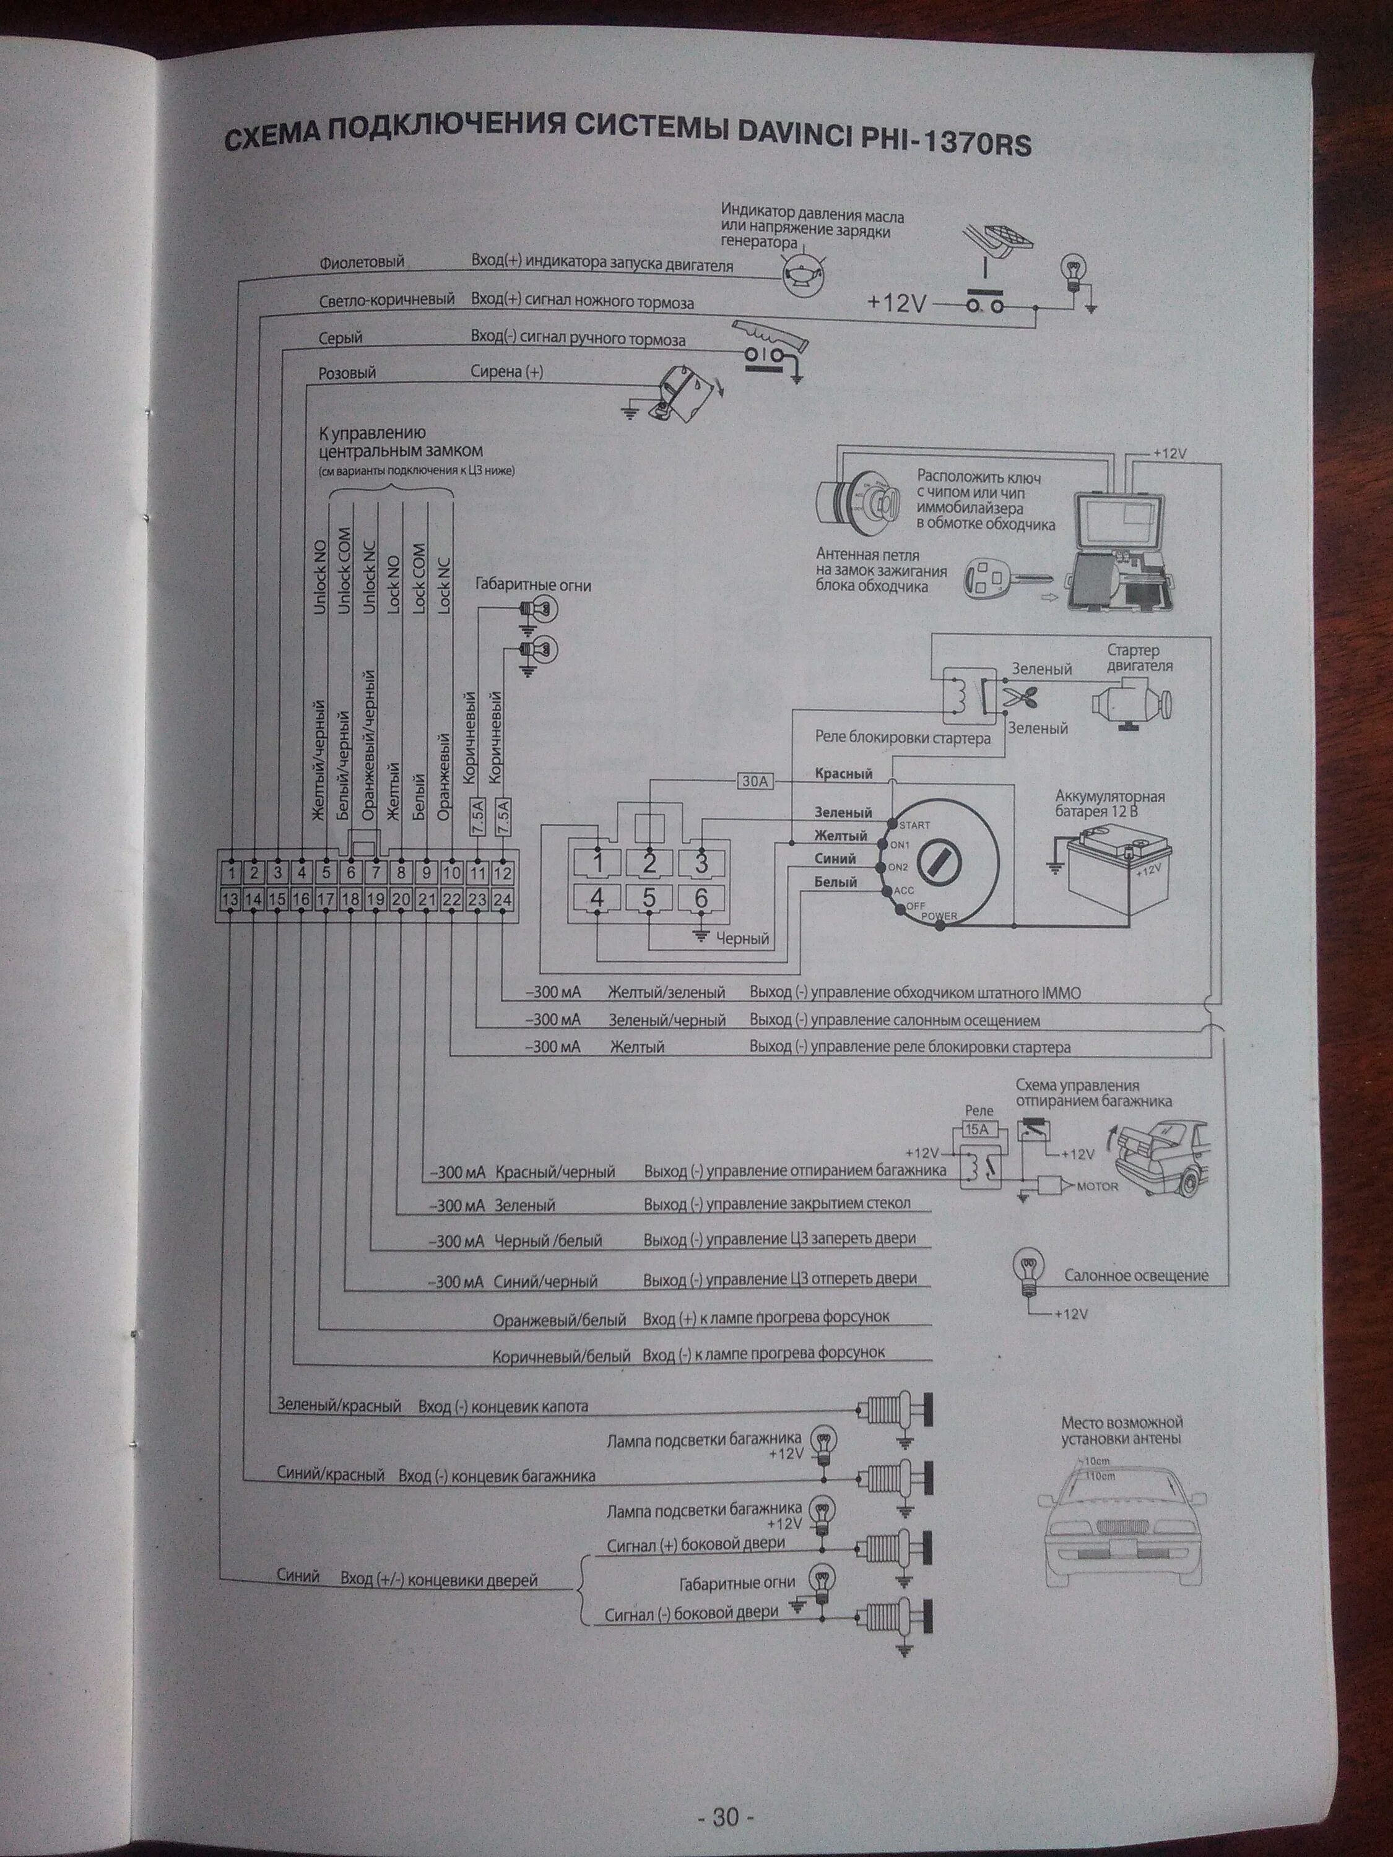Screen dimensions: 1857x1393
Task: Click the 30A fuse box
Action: click(753, 781)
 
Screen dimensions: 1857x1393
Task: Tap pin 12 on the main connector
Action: click(502, 873)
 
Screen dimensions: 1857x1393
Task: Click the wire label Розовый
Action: click(347, 373)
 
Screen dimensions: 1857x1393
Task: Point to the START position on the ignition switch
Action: click(914, 825)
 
